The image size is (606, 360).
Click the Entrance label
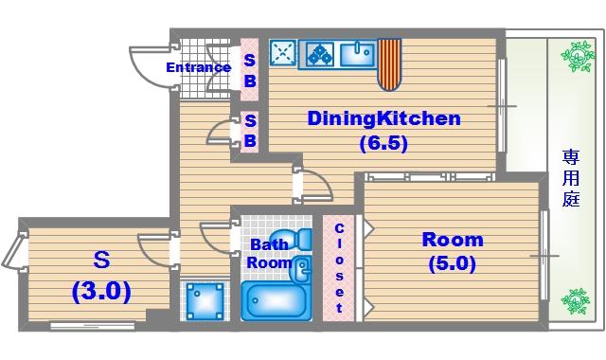(199, 67)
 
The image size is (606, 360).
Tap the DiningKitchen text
(384, 118)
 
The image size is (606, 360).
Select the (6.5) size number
(383, 144)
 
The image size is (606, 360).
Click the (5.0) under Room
(453, 264)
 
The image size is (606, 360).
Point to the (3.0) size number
(101, 292)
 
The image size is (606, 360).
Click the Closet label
(339, 268)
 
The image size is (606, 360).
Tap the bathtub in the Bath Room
(276, 301)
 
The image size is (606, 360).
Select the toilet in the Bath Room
(292, 239)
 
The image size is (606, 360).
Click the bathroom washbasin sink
(302, 269)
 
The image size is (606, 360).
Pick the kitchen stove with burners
(320, 53)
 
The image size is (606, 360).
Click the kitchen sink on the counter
(358, 54)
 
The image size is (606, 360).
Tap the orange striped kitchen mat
(389, 64)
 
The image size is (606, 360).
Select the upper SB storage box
(250, 69)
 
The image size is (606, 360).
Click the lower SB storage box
(250, 132)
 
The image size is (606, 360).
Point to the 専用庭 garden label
(571, 178)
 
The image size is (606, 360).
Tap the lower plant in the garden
(576, 301)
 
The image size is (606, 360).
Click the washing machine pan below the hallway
(205, 301)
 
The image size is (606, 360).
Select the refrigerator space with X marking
(282, 53)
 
